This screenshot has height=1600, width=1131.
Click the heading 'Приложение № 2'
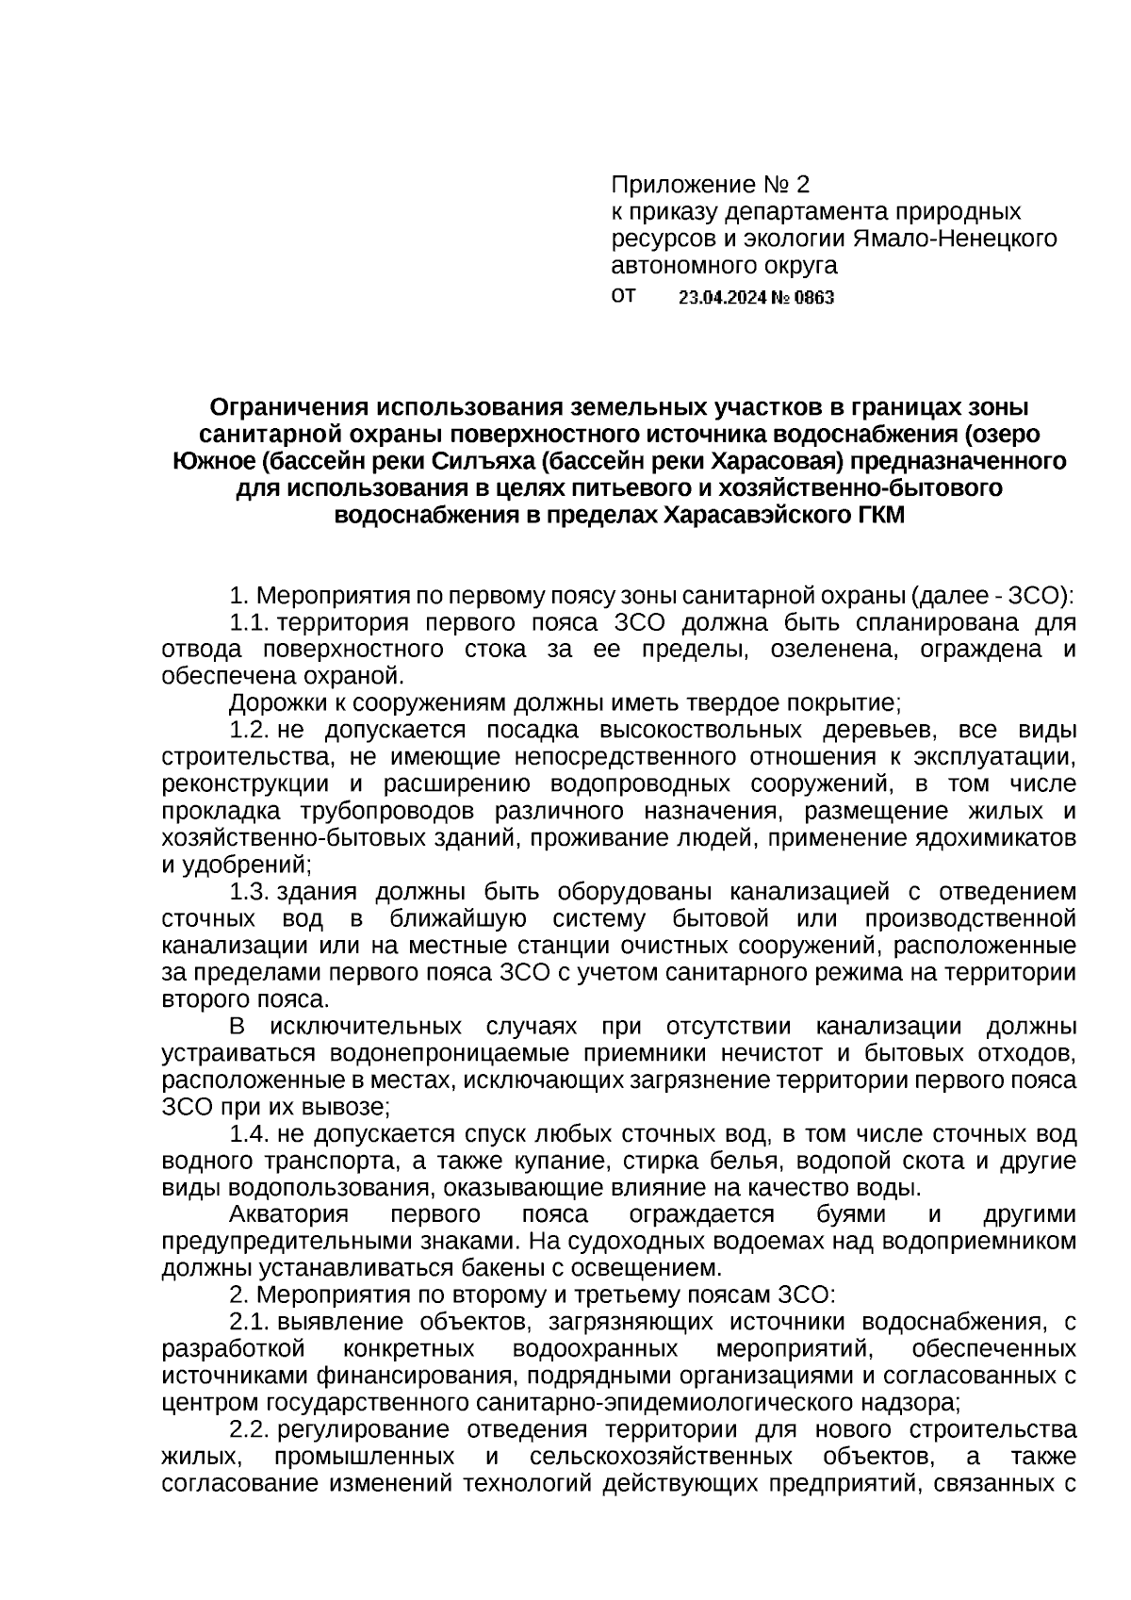[x=710, y=183]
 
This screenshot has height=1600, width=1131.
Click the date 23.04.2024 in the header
[x=723, y=299]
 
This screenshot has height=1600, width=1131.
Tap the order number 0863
[x=814, y=299]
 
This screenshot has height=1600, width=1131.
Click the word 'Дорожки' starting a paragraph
[x=271, y=703]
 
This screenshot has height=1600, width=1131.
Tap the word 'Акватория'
[x=288, y=1215]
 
